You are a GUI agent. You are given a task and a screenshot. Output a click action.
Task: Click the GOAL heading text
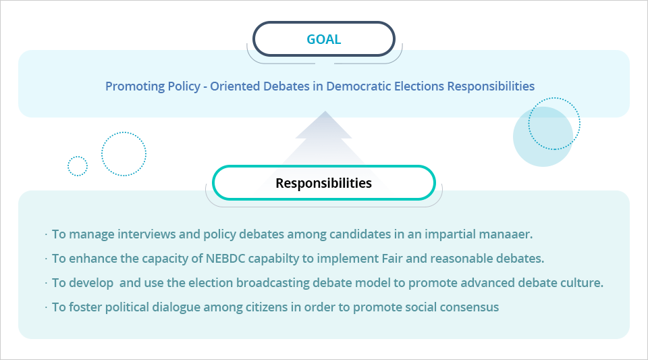[323, 39]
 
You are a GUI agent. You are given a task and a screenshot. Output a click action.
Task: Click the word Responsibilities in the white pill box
[323, 183]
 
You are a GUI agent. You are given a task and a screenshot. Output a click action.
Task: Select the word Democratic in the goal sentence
[373, 86]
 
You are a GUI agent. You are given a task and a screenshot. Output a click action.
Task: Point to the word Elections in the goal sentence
[422, 86]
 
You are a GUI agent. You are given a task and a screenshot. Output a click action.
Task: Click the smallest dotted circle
[78, 165]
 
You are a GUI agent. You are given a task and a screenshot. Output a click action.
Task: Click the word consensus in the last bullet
[469, 307]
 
